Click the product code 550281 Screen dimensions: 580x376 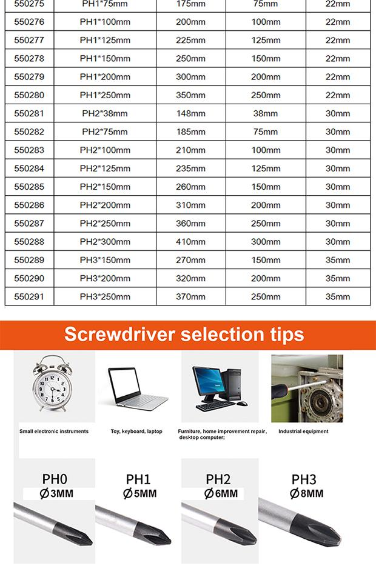tap(29, 113)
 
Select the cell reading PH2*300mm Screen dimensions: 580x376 tap(105, 242)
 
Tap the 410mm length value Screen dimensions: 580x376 tap(190, 242)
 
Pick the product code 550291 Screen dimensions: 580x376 tap(29, 296)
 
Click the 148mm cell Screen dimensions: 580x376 tap(190, 113)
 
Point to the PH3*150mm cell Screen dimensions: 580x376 tap(105, 260)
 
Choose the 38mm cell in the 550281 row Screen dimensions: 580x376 tap(266, 113)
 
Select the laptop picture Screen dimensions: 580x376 tap(137, 391)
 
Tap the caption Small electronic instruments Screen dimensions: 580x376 tap(54, 432)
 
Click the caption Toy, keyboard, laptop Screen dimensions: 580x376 tap(136, 432)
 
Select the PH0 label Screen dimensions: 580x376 tap(55, 479)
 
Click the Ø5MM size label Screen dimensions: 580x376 tap(139, 494)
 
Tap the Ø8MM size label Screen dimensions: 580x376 tap(306, 493)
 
